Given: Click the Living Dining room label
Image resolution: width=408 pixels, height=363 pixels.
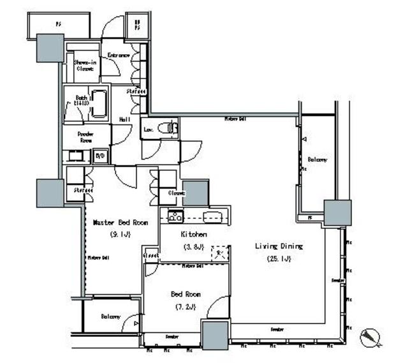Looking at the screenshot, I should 279,246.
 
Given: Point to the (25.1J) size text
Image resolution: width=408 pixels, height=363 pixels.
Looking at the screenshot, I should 279,259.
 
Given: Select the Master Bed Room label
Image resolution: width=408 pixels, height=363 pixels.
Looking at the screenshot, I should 120,223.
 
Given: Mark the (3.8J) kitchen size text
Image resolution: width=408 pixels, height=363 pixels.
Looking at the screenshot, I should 193,247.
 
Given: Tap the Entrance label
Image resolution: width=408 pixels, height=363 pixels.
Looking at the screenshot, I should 119,56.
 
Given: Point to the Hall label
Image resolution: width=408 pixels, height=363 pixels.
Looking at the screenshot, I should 125,119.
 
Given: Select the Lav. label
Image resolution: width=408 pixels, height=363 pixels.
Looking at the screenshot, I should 148,129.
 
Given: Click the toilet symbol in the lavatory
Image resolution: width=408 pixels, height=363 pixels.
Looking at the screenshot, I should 168,128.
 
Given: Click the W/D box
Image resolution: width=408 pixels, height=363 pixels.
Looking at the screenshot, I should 100,156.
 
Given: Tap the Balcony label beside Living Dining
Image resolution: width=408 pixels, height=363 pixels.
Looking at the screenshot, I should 317,159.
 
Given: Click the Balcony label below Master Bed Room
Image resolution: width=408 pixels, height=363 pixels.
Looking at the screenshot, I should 110,316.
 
